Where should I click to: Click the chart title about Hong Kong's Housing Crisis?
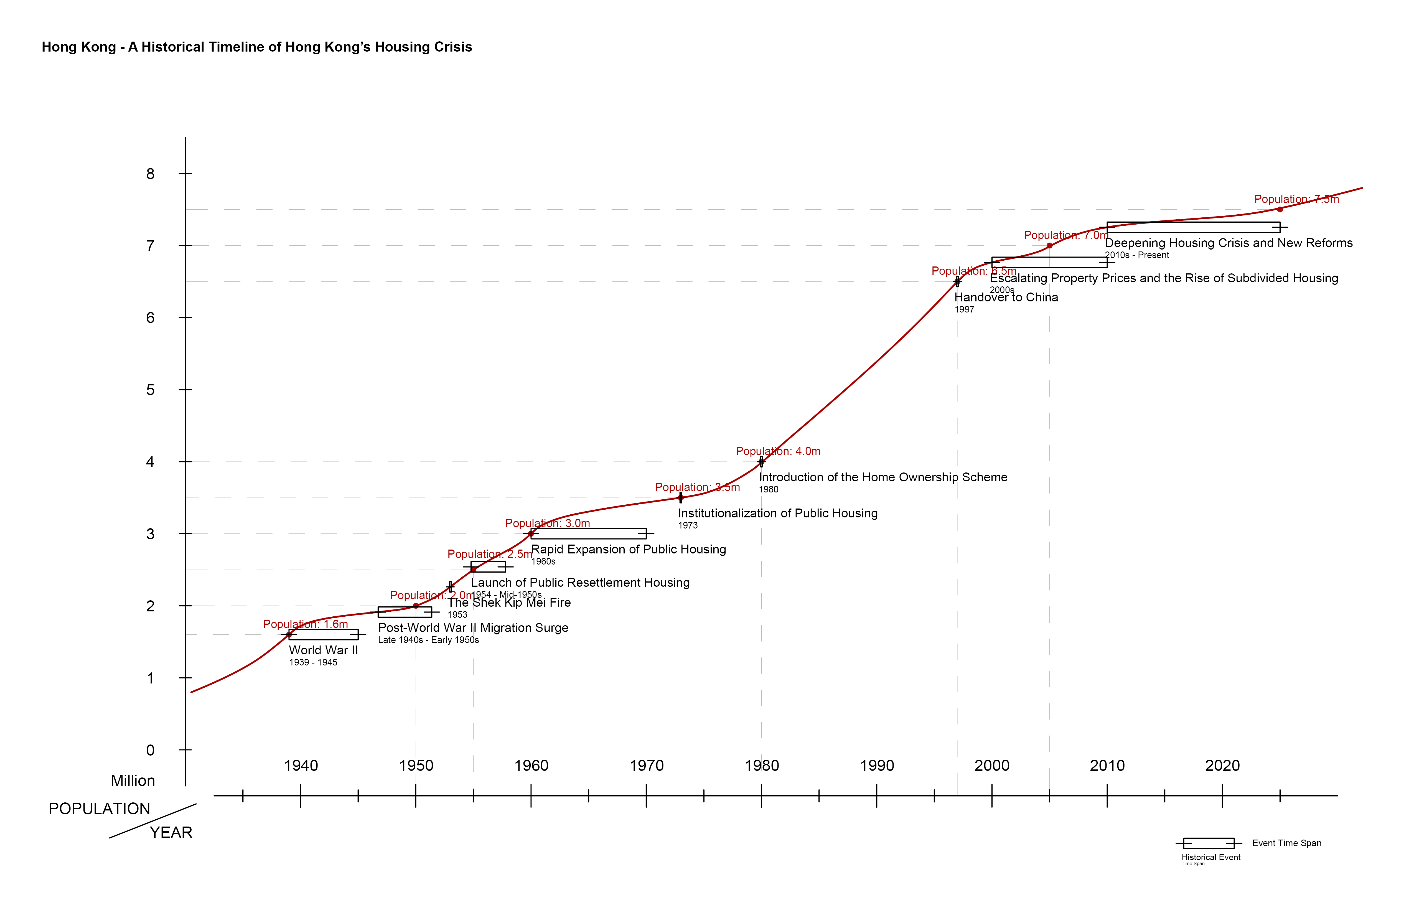tap(257, 47)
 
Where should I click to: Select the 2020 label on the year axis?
tap(1222, 765)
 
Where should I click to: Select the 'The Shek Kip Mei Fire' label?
tap(509, 603)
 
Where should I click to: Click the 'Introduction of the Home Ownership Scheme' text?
tap(883, 477)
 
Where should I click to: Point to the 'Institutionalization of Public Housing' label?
tap(778, 513)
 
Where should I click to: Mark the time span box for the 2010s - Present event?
tap(1193, 227)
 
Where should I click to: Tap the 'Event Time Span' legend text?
tap(1287, 843)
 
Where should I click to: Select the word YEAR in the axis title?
tap(171, 832)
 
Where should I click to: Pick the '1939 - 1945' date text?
tap(313, 662)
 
